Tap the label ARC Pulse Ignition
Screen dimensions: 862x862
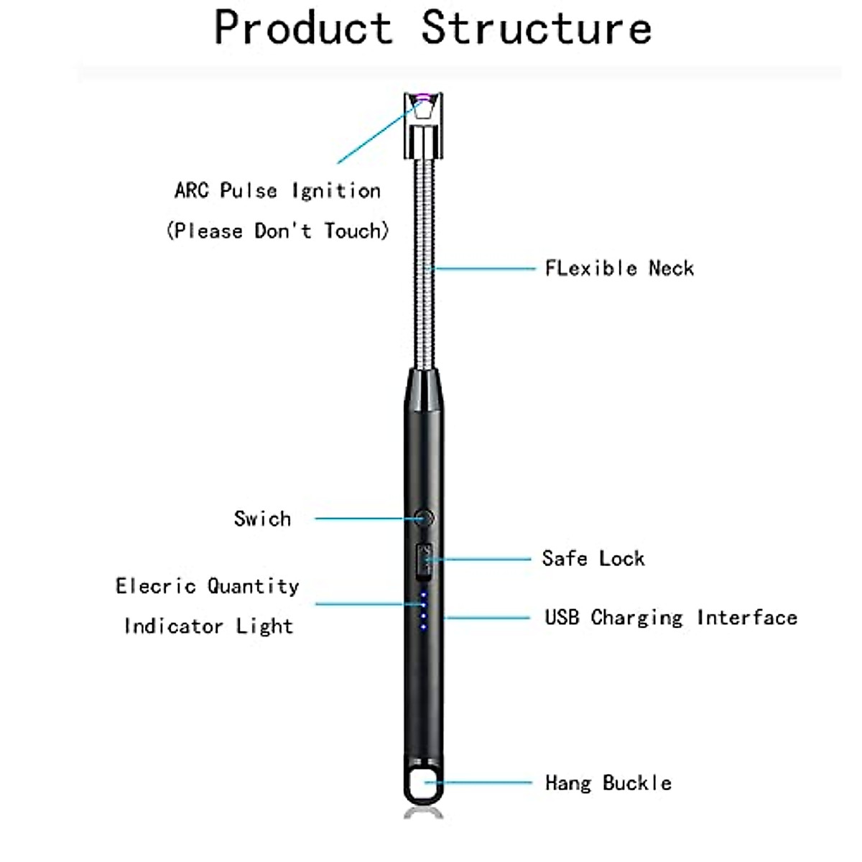click(x=277, y=191)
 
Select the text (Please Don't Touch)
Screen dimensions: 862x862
click(x=277, y=231)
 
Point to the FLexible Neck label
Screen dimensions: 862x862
click(x=619, y=269)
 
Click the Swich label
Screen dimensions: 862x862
click(x=262, y=519)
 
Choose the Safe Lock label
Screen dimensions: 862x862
click(x=593, y=559)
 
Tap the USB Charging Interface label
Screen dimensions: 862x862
click(x=670, y=618)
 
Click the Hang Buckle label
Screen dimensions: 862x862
click(x=608, y=783)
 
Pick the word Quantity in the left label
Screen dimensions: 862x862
click(x=253, y=587)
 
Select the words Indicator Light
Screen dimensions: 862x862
click(x=208, y=626)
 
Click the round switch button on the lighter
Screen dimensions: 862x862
click(x=424, y=517)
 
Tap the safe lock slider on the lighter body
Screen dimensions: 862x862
click(x=424, y=561)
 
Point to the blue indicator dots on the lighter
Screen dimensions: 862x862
click(x=424, y=611)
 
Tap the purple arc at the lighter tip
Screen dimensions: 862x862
click(x=423, y=98)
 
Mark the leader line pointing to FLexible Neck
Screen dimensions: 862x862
click(x=485, y=269)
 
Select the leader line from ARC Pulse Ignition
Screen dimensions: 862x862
click(x=374, y=132)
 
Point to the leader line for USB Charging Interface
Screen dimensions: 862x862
click(x=488, y=618)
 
